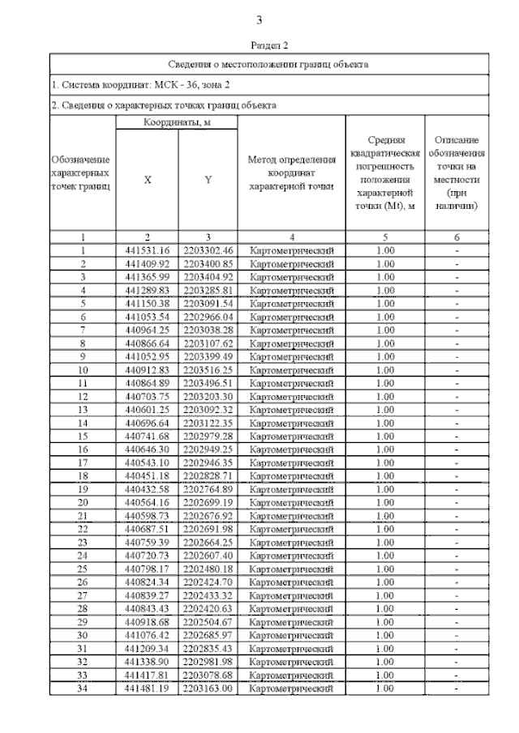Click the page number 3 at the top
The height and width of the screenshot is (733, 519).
tap(259, 20)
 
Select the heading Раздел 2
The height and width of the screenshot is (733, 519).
tap(259, 46)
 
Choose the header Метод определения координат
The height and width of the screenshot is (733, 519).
tap(291, 173)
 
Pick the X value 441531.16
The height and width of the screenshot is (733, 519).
tap(148, 250)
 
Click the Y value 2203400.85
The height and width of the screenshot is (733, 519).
tap(208, 263)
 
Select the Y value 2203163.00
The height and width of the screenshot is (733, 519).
tap(208, 688)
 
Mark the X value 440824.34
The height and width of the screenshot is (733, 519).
tap(148, 582)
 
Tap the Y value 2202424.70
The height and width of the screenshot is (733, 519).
tap(208, 582)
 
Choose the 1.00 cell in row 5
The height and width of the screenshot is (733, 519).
tap(386, 304)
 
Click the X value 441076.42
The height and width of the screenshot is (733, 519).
tap(148, 635)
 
